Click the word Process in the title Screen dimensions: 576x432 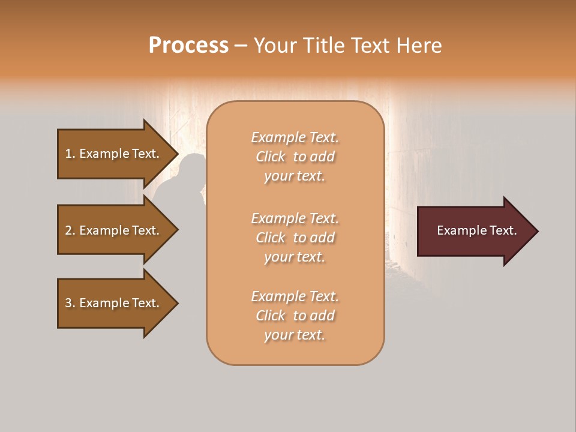pos(188,46)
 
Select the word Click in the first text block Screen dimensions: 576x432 pos(271,157)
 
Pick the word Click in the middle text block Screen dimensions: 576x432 pos(271,238)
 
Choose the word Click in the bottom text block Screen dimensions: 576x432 pos(271,316)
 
